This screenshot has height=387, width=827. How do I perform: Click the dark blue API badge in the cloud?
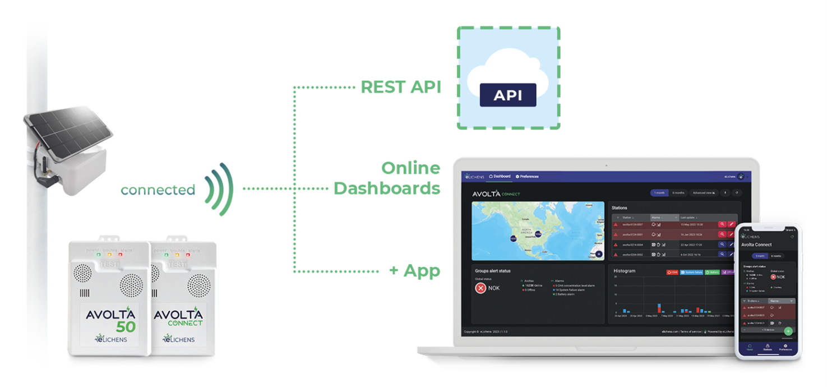coord(507,95)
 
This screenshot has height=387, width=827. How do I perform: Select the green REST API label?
coord(400,87)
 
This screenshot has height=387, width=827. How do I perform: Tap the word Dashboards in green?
coord(386,188)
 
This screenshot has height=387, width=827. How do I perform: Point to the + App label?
coord(414,271)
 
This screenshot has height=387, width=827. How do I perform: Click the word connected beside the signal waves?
coord(158,190)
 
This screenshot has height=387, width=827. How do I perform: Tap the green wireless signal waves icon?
coord(219,190)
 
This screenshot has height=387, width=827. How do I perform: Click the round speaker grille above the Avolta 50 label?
coord(130,285)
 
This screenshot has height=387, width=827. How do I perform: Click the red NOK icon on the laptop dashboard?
coord(481,288)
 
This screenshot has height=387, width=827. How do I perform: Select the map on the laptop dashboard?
coord(538,231)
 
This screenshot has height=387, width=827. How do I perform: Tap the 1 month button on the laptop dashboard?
coord(659,193)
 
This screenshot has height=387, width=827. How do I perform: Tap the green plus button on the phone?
coord(788,331)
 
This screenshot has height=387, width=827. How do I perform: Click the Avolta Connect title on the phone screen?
coord(756,245)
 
